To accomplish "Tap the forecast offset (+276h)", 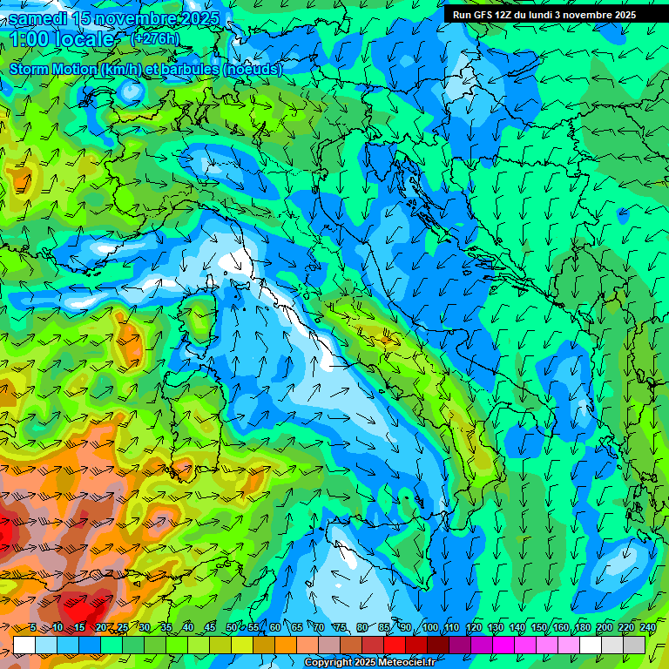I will pyautogui.click(x=154, y=39).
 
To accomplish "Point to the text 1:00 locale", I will pyautogui.click(x=63, y=39).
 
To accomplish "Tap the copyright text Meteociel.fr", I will pyautogui.click(x=404, y=663).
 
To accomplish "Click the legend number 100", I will pyautogui.click(x=430, y=628).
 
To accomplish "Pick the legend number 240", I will pyautogui.click(x=648, y=628).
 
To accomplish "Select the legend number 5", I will pyautogui.click(x=33, y=628).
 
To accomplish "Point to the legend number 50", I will pyautogui.click(x=231, y=628).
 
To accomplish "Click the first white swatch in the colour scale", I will pyautogui.click(x=24, y=645).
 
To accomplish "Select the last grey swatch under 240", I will pyautogui.click(x=634, y=645).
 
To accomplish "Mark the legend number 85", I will pyautogui.click(x=384, y=628).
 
